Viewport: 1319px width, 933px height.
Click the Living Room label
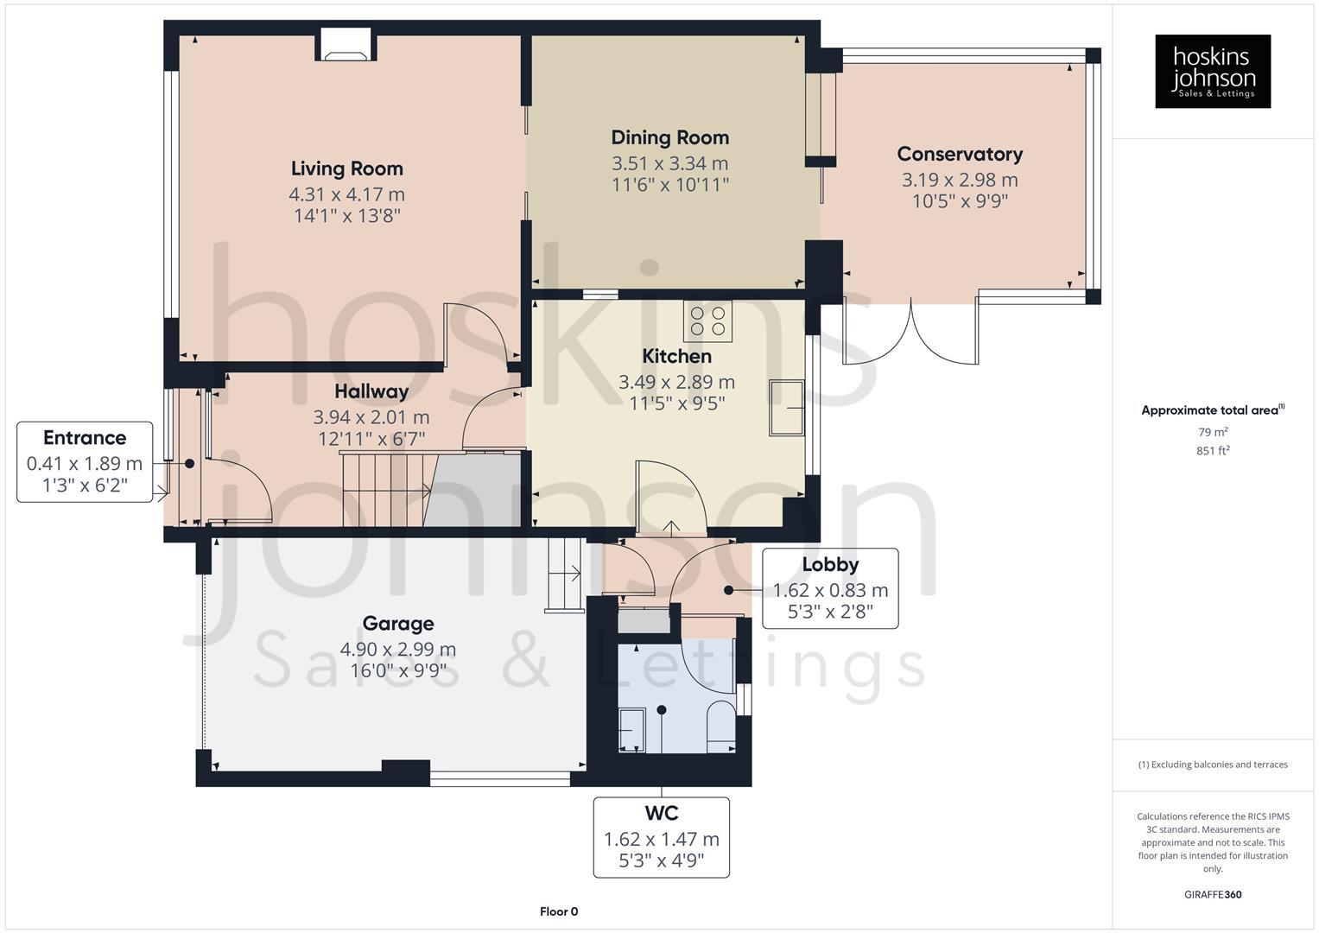(x=346, y=168)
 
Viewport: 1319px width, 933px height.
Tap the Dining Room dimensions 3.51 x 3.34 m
(x=669, y=163)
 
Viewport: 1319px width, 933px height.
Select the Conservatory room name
(x=960, y=154)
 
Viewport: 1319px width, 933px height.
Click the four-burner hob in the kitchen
(x=707, y=321)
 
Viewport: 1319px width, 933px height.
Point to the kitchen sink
(x=787, y=408)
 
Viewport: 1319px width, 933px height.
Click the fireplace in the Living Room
(x=346, y=45)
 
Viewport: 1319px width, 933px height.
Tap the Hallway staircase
(x=384, y=489)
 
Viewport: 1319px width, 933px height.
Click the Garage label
(x=397, y=623)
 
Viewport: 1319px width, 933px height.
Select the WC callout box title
(x=661, y=813)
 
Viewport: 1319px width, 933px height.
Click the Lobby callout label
(x=830, y=564)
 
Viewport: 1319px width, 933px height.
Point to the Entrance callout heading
(x=85, y=437)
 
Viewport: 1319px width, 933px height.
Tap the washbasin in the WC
(x=632, y=728)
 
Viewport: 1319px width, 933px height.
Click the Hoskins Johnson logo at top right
(x=1213, y=71)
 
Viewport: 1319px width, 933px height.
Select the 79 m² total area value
(x=1213, y=432)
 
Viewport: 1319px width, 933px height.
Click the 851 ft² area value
(x=1213, y=450)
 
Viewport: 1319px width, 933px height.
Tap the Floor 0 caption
(x=559, y=911)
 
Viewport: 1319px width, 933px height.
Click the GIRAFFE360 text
(x=1213, y=894)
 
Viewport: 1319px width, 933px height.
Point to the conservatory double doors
(x=911, y=333)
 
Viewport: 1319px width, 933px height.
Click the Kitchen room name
(x=676, y=356)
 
